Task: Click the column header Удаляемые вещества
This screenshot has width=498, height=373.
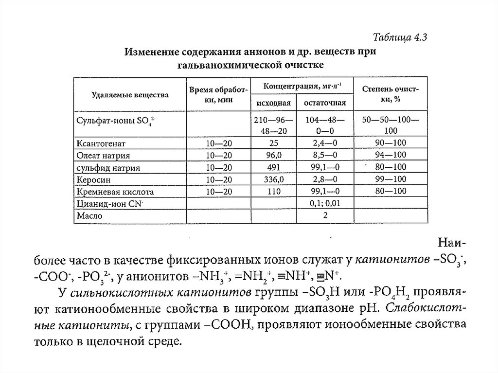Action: (x=130, y=95)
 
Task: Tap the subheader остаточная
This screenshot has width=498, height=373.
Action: (x=324, y=103)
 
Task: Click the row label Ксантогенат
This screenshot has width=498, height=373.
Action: (x=101, y=143)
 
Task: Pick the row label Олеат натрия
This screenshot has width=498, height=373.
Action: (x=103, y=156)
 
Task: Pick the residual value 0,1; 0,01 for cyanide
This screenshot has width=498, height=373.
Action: (x=324, y=204)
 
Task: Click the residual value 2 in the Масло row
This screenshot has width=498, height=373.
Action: (x=324, y=216)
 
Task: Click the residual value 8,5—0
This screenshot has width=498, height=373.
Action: (x=324, y=156)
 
